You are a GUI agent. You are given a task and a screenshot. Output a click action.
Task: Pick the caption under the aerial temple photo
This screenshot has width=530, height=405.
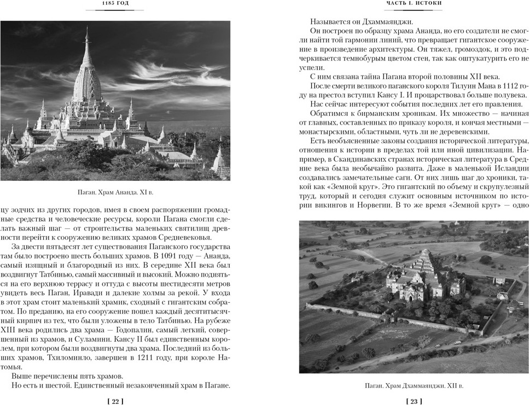[413, 386]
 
